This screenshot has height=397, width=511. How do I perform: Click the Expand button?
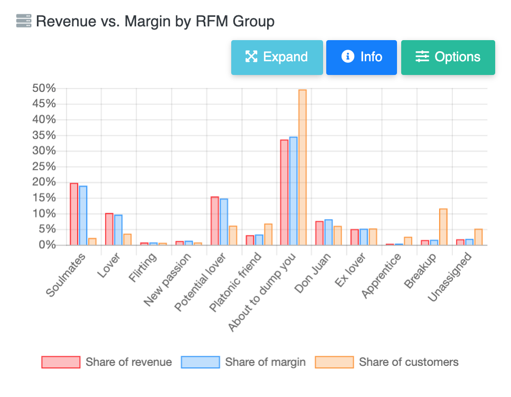point(277,58)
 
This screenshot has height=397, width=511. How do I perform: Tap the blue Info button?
point(361,58)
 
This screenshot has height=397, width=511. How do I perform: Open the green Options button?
point(448,58)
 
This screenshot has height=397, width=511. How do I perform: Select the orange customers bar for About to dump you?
point(302,167)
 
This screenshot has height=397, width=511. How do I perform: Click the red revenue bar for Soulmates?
point(74,214)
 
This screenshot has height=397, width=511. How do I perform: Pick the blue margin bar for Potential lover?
point(224,222)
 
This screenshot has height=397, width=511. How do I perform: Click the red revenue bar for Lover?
point(109,229)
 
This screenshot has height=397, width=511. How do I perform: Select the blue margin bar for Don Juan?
point(328,232)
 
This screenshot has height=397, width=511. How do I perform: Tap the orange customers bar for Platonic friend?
point(268,234)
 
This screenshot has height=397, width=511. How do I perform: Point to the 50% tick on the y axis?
point(44,88)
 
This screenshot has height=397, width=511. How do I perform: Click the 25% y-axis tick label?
point(44,167)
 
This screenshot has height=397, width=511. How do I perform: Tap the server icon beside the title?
point(24,21)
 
